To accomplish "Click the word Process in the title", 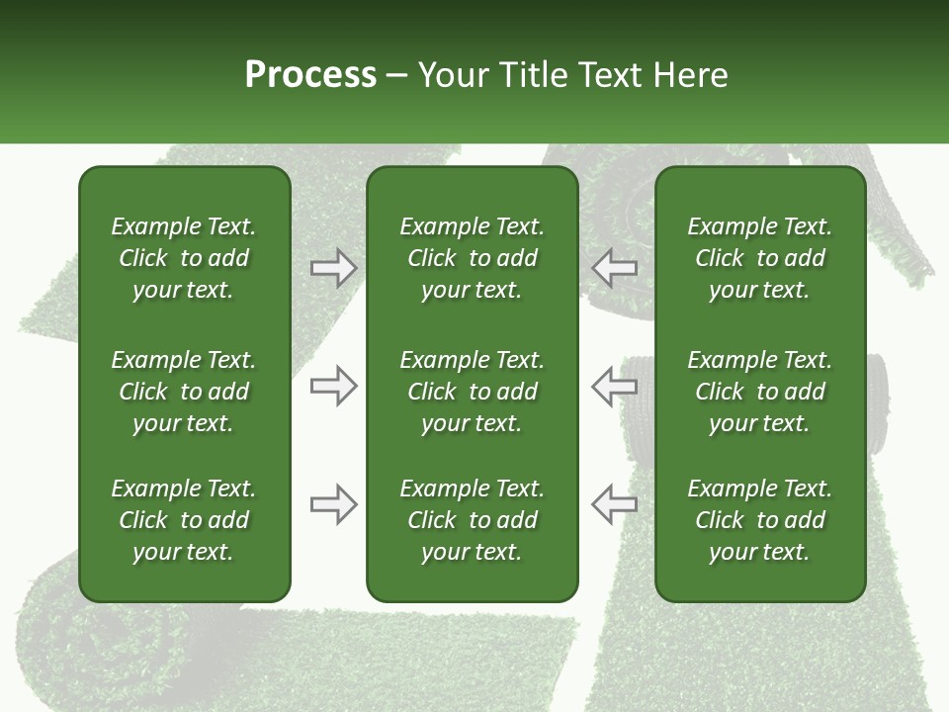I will point(310,75).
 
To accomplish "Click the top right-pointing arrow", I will point(333,268).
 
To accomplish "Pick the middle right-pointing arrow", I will point(333,386).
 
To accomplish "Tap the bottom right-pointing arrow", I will point(333,505).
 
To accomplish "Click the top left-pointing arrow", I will point(614,268).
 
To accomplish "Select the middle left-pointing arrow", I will point(614,386).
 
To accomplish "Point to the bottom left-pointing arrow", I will point(614,505).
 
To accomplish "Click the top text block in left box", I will point(184,258).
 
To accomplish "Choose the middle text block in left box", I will point(184,392).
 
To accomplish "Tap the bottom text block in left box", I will point(184,520).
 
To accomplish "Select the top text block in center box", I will point(472,258).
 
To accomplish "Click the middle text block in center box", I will point(472,392).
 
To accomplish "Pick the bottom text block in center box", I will point(472,520).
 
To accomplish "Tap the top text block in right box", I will point(759,258).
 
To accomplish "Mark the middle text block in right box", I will point(759,392).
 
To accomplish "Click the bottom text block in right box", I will point(759,520).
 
